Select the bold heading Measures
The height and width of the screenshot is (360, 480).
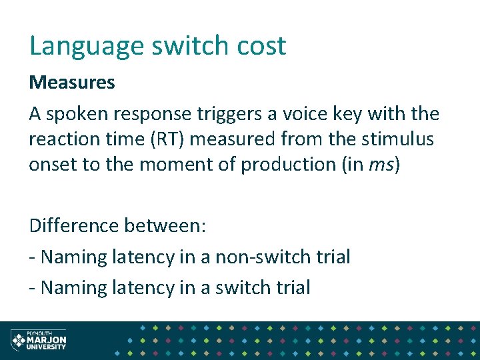72,83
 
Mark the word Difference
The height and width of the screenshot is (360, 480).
75,225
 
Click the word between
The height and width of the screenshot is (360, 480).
167,225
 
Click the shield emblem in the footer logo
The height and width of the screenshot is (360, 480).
17,341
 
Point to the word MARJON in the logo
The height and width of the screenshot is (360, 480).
46,340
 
